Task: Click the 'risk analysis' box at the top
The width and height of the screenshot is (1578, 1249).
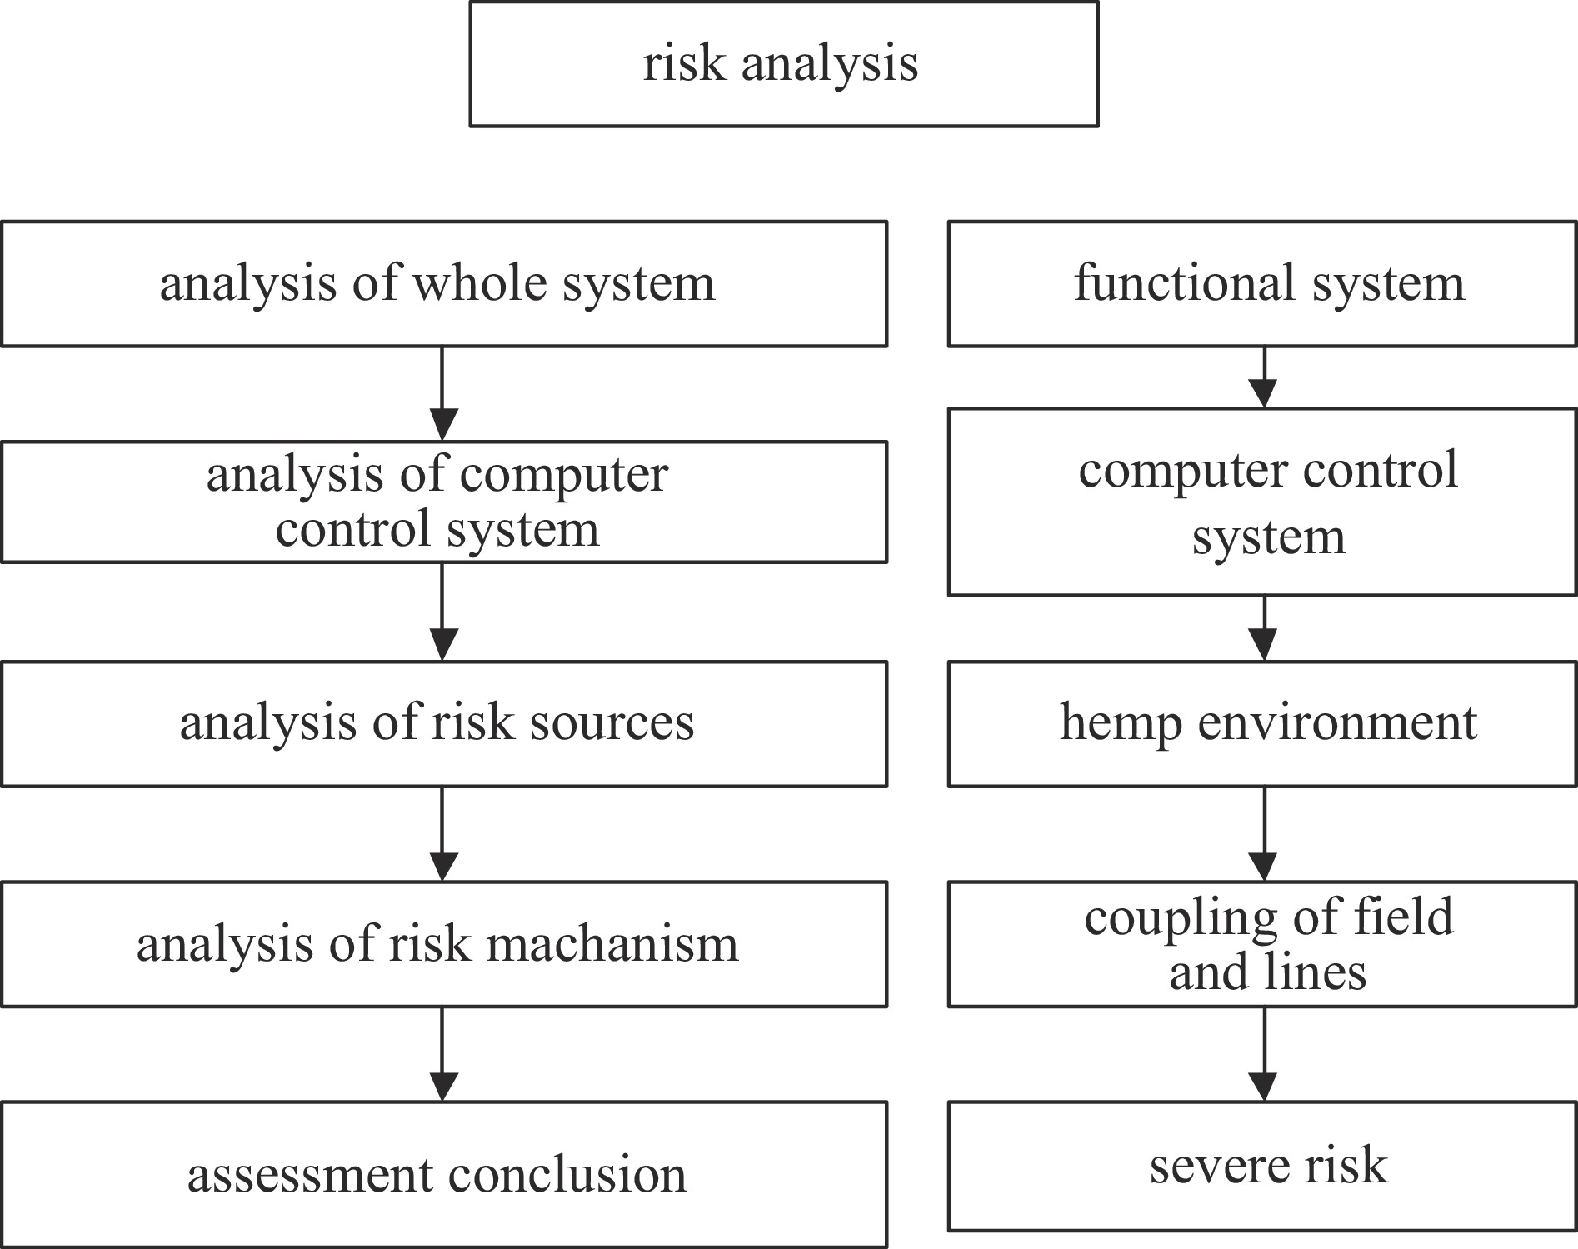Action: coord(784,64)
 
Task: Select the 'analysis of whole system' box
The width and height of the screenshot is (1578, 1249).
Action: coord(444,283)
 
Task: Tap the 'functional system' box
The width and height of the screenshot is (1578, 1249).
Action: coord(1262,283)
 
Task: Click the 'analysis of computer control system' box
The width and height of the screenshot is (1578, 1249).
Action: coord(444,502)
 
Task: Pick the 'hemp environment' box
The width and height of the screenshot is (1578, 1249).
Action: coord(1262,723)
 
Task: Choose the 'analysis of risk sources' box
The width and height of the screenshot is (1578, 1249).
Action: coord(444,723)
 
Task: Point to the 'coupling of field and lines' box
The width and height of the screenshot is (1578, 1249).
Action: coord(1262,944)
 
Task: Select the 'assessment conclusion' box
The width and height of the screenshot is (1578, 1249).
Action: coord(444,1174)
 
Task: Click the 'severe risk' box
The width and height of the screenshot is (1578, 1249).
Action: coord(1262,1166)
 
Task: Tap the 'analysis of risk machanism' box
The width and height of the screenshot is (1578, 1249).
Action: coord(444,944)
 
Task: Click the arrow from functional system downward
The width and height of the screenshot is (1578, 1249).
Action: coord(1265,377)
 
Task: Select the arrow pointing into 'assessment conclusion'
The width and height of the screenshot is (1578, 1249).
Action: coord(442,1054)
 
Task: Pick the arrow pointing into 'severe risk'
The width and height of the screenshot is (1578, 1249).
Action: coord(1265,1054)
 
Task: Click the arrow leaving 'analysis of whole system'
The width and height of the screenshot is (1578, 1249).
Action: coord(442,393)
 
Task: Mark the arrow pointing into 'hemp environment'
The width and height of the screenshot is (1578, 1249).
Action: coord(1265,628)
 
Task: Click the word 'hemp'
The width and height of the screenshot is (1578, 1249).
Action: coord(1121,723)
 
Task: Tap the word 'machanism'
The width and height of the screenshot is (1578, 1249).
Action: coord(612,944)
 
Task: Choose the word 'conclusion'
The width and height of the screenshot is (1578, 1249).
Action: coord(567,1175)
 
